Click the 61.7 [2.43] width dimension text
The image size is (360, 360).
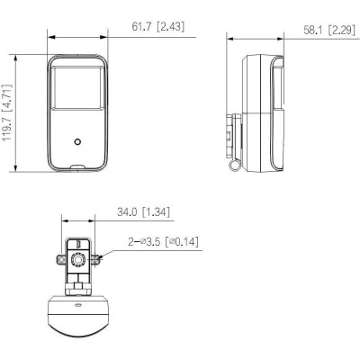point(158,27)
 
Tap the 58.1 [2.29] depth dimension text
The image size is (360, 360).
point(329,30)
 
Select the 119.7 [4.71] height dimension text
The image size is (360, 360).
point(8,112)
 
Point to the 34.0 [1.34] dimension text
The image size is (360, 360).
point(143,212)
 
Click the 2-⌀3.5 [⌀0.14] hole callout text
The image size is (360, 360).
point(164,241)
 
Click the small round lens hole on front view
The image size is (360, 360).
point(77,141)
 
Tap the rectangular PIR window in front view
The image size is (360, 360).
point(76,87)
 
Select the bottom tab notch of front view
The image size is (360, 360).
point(77,166)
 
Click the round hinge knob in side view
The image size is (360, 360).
point(235,165)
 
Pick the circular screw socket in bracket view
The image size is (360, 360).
point(78,259)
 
